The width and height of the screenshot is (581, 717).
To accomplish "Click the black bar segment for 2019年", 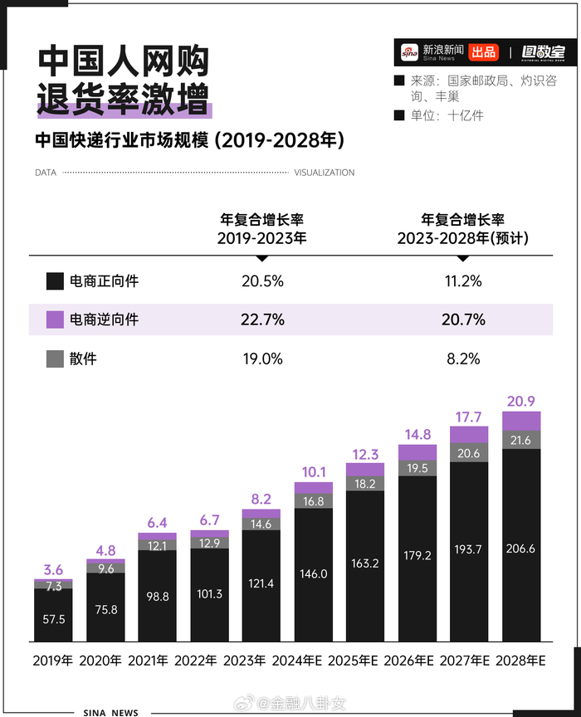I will click(x=53, y=615).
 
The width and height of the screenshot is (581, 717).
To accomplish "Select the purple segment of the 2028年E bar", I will click(x=521, y=421).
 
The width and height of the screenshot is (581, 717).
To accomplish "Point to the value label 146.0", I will click(x=314, y=574).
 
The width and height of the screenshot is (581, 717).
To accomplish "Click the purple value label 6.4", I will click(x=157, y=523).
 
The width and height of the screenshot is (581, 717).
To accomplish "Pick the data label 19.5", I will click(x=417, y=468).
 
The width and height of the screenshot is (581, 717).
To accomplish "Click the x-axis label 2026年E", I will click(x=417, y=661).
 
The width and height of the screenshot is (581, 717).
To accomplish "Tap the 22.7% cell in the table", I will click(x=262, y=319).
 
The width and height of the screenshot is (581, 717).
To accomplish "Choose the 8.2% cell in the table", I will click(x=463, y=358).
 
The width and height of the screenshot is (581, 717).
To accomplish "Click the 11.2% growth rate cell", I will click(x=463, y=280).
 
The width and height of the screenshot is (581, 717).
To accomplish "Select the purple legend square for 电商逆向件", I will click(x=56, y=319).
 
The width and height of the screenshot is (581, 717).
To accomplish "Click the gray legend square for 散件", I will click(x=56, y=358).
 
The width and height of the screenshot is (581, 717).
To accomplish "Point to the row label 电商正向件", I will click(x=105, y=280).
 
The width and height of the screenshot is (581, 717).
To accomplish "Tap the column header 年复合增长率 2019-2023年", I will click(x=262, y=228).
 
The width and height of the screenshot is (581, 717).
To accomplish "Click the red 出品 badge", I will click(x=483, y=52).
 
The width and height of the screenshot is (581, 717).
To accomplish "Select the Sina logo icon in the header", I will click(x=408, y=52).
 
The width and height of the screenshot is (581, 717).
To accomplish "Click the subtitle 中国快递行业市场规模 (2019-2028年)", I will click(x=189, y=139).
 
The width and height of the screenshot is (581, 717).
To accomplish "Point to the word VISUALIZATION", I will click(x=325, y=173).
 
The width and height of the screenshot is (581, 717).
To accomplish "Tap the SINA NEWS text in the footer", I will click(x=111, y=711).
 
